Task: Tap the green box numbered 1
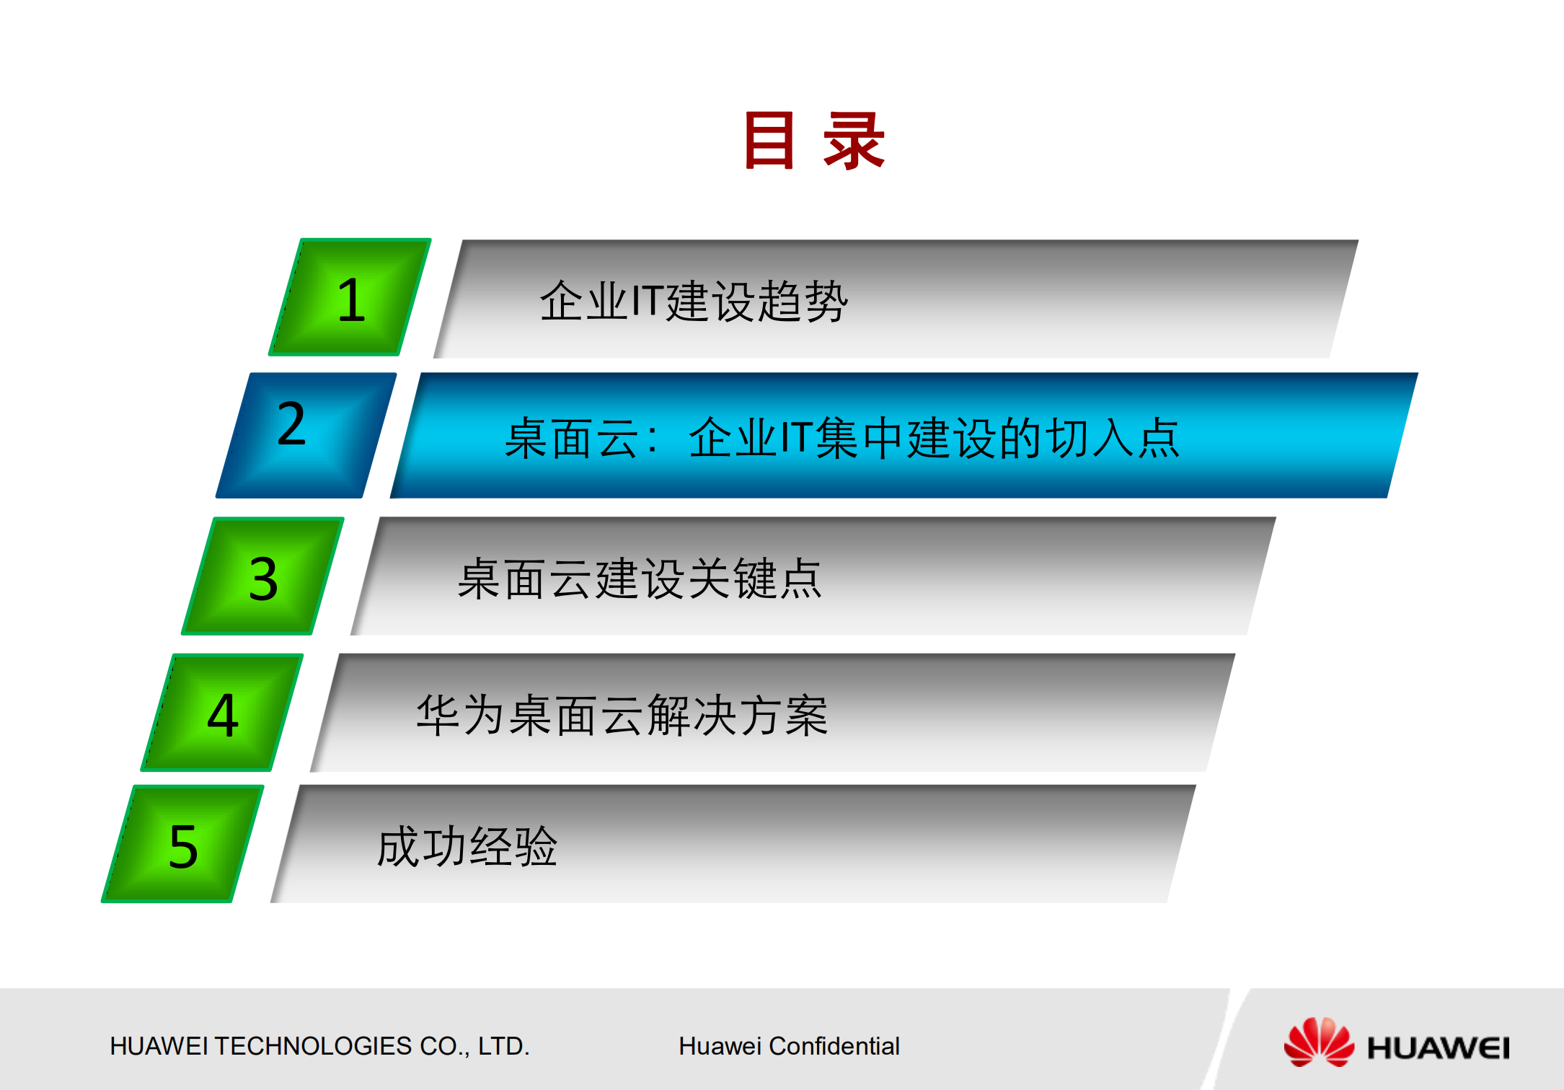[x=350, y=298]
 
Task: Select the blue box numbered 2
[x=306, y=434]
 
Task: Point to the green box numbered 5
[x=182, y=845]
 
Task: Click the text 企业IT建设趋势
[x=694, y=301]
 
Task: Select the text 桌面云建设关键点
[x=640, y=579]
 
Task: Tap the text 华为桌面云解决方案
[x=622, y=715]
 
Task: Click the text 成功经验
[x=467, y=846]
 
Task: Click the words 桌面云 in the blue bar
[x=571, y=438]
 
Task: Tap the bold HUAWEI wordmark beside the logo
[x=1438, y=1047]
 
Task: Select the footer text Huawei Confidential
[x=789, y=1046]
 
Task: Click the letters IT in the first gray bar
[x=647, y=301]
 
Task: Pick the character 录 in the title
[x=854, y=141]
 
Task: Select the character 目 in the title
[x=769, y=141]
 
